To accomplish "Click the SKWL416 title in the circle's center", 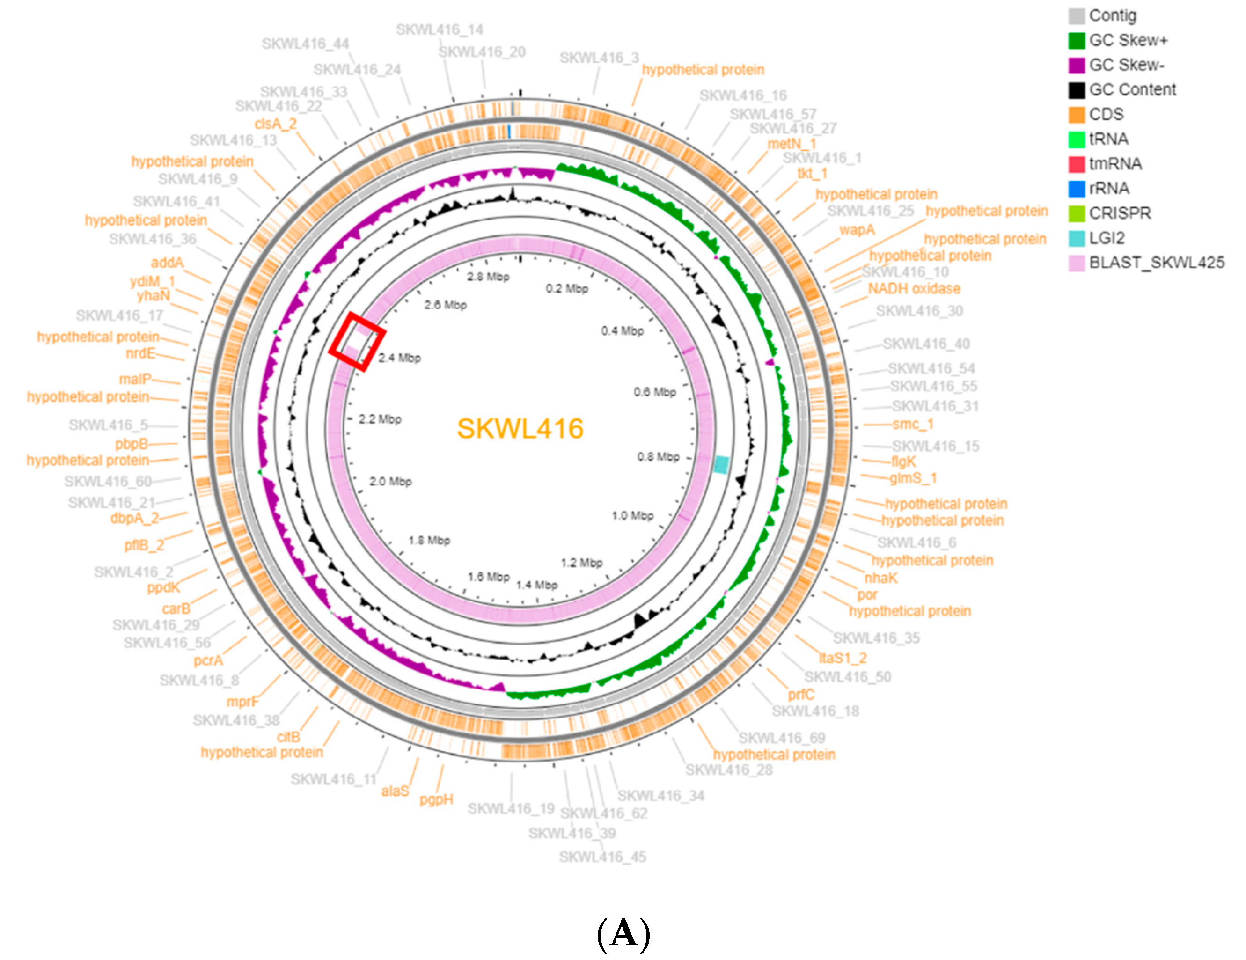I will tap(520, 428).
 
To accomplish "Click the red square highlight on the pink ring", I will tap(357, 342).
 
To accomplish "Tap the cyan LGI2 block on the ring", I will tap(721, 464).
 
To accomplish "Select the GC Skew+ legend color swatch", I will tap(1076, 41).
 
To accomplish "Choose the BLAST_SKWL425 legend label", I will tap(1157, 263).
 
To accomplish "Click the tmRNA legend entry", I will tap(1115, 164).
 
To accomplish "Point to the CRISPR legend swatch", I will tap(1076, 213).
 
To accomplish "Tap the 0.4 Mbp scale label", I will tap(622, 331).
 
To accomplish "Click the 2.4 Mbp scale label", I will tap(399, 358).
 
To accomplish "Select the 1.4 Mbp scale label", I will tap(537, 585).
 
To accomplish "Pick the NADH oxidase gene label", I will tap(914, 289).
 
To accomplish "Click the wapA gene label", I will tap(857, 230).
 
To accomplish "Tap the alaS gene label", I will tap(395, 791).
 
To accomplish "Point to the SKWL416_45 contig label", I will tap(602, 857).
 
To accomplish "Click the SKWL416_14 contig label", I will tap(440, 29).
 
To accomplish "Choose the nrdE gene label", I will tap(140, 354).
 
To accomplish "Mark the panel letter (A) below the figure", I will tap(623, 933).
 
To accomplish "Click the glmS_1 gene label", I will tap(913, 478).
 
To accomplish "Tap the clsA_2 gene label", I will tap(276, 124).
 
